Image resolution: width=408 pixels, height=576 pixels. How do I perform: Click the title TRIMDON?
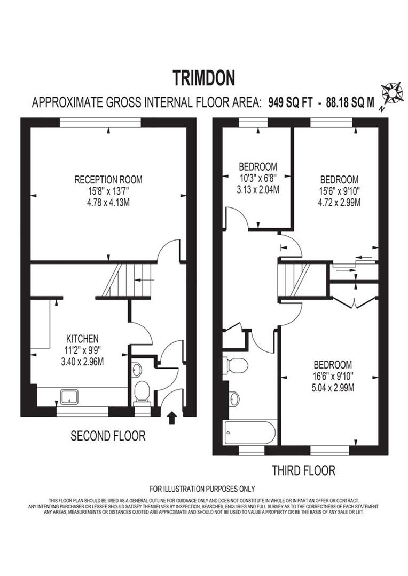pyautogui.click(x=203, y=78)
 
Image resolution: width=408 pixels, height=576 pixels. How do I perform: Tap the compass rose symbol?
pyautogui.click(x=395, y=94)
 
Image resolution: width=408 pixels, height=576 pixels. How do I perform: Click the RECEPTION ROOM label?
pyautogui.click(x=108, y=180)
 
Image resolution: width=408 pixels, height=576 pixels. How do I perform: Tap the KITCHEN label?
pyautogui.click(x=82, y=339)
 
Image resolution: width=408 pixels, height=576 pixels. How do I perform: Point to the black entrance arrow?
pyautogui.click(x=172, y=417)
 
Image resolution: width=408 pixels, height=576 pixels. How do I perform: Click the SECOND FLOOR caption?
pyautogui.click(x=108, y=436)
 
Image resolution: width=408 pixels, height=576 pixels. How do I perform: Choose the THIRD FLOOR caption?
pyautogui.click(x=303, y=470)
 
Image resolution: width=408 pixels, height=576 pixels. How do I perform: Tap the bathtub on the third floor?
pyautogui.click(x=250, y=433)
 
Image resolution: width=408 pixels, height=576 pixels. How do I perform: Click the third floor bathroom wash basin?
pyautogui.click(x=234, y=398)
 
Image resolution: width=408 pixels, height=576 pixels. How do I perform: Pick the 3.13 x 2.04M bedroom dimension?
pyautogui.click(x=258, y=189)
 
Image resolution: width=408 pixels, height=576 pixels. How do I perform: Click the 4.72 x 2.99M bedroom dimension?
pyautogui.click(x=339, y=202)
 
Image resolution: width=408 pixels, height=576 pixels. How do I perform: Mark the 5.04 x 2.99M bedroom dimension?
pyautogui.click(x=332, y=388)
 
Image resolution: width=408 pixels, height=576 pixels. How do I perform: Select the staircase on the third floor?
pyautogui.click(x=295, y=281)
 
